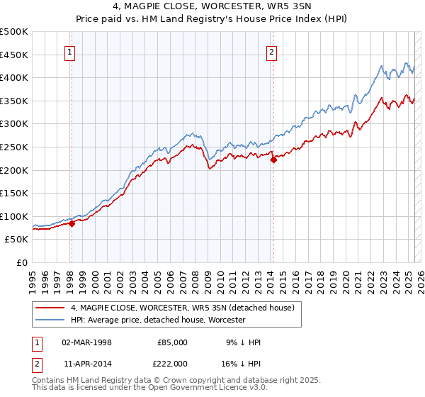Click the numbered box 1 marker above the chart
coord(71,51)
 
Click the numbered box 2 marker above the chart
coord(272,51)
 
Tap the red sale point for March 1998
coord(72,223)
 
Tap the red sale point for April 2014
coord(273,160)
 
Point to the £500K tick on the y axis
coord(14,32)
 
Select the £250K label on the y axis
coord(14,147)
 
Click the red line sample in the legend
coord(50,307)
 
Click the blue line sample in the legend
coord(50,320)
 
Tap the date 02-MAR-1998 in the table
coord(87,342)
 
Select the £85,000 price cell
coord(173,342)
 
